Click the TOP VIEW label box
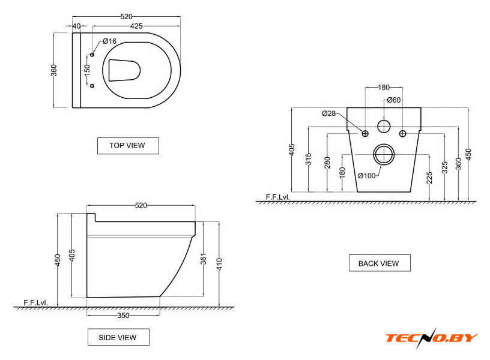click(x=128, y=145)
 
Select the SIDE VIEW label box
click(x=118, y=337)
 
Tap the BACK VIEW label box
click(x=380, y=263)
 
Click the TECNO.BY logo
click(x=431, y=338)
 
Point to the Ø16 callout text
click(x=110, y=41)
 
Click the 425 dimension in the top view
click(x=136, y=26)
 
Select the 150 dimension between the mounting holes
click(x=87, y=70)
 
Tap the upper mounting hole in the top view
click(x=92, y=55)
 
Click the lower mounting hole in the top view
click(x=92, y=86)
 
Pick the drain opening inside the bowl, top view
click(x=124, y=70)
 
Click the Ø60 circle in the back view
click(x=384, y=126)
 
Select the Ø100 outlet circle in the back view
click(x=384, y=154)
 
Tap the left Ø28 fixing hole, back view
click(x=365, y=134)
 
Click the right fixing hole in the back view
click(x=402, y=134)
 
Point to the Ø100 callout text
click(x=366, y=176)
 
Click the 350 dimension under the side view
click(x=123, y=316)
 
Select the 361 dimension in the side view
click(x=204, y=259)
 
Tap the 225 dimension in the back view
click(x=429, y=178)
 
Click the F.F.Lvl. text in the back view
click(x=278, y=197)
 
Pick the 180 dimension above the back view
click(x=384, y=88)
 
